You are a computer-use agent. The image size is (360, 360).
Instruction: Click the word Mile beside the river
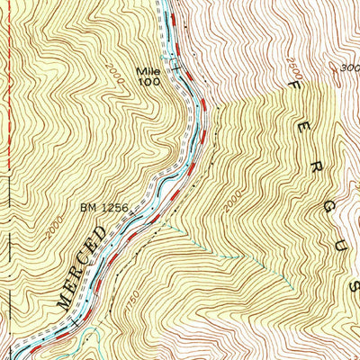click(x=147, y=71)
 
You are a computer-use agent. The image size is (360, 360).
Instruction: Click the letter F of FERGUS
click(x=293, y=83)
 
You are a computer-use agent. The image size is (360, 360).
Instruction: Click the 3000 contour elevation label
click(x=350, y=67)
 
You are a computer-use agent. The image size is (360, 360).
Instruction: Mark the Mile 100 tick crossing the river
click(x=176, y=65)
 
